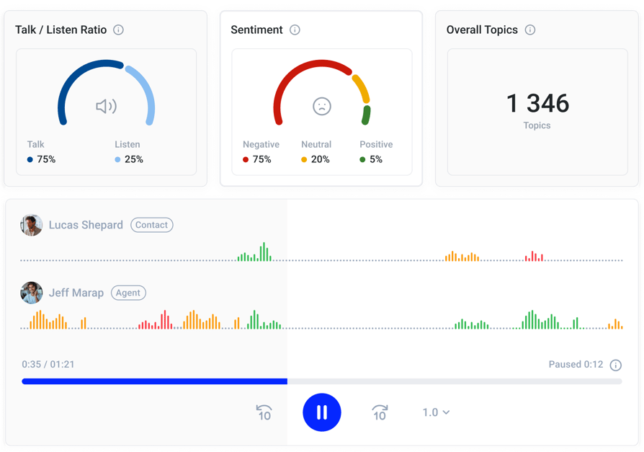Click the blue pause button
click(321, 412)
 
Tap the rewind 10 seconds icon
click(264, 412)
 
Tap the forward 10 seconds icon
click(380, 412)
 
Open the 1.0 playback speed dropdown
click(436, 412)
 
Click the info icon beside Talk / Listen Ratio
click(118, 30)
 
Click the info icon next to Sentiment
click(295, 30)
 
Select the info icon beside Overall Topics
click(530, 30)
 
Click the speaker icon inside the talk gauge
click(107, 107)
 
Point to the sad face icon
click(322, 107)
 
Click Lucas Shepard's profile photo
click(31, 225)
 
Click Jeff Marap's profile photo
click(31, 293)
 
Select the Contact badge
click(151, 225)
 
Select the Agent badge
click(128, 293)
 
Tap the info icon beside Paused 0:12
click(616, 365)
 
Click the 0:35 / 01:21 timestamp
click(48, 365)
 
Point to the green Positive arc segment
click(366, 115)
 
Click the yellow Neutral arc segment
click(362, 88)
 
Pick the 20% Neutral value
click(321, 159)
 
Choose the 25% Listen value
click(134, 159)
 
